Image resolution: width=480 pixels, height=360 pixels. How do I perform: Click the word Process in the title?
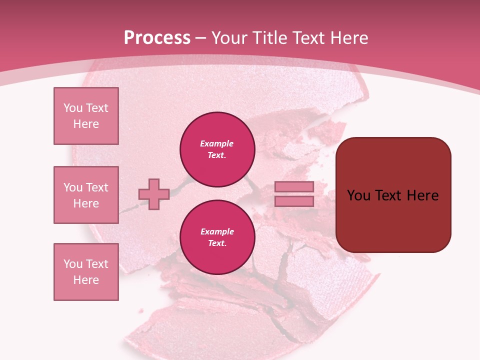[157, 37]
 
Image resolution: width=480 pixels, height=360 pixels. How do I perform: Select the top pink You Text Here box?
[86, 116]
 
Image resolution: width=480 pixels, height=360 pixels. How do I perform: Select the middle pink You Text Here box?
[86, 195]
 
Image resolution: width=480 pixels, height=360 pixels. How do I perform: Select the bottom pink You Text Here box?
[86, 272]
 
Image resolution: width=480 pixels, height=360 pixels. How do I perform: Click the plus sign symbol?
[154, 194]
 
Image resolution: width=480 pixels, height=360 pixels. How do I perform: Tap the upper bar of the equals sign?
[294, 187]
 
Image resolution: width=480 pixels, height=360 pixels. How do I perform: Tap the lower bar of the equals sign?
[294, 201]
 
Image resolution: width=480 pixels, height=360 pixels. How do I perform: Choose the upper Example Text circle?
[217, 149]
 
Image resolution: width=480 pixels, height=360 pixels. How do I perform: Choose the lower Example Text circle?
[217, 237]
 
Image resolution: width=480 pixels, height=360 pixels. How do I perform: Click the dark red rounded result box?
[393, 195]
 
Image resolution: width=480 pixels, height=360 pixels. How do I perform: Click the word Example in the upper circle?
[217, 143]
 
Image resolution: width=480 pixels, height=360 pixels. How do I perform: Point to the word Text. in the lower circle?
[217, 243]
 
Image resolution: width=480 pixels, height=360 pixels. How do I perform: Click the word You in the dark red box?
[359, 195]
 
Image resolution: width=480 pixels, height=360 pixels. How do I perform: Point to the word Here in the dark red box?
[422, 195]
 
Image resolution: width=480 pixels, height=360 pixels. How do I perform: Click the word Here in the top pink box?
[86, 124]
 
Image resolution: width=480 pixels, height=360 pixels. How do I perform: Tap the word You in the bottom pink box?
[73, 264]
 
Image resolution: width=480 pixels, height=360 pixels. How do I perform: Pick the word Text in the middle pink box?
[97, 187]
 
